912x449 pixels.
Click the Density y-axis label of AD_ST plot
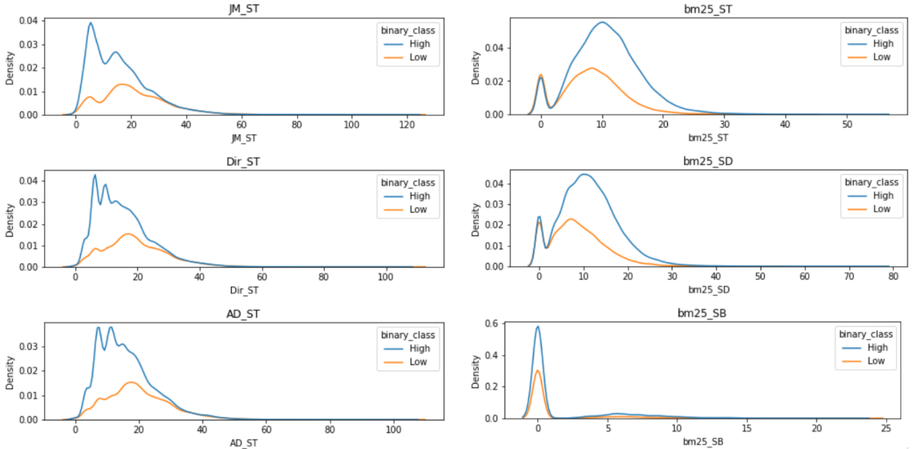[x=10, y=371]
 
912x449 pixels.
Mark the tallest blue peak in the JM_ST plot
[x=90, y=23]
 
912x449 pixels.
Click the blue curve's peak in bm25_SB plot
[x=538, y=326]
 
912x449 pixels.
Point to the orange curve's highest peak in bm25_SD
[x=570, y=219]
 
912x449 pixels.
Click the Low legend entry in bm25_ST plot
[x=882, y=57]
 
